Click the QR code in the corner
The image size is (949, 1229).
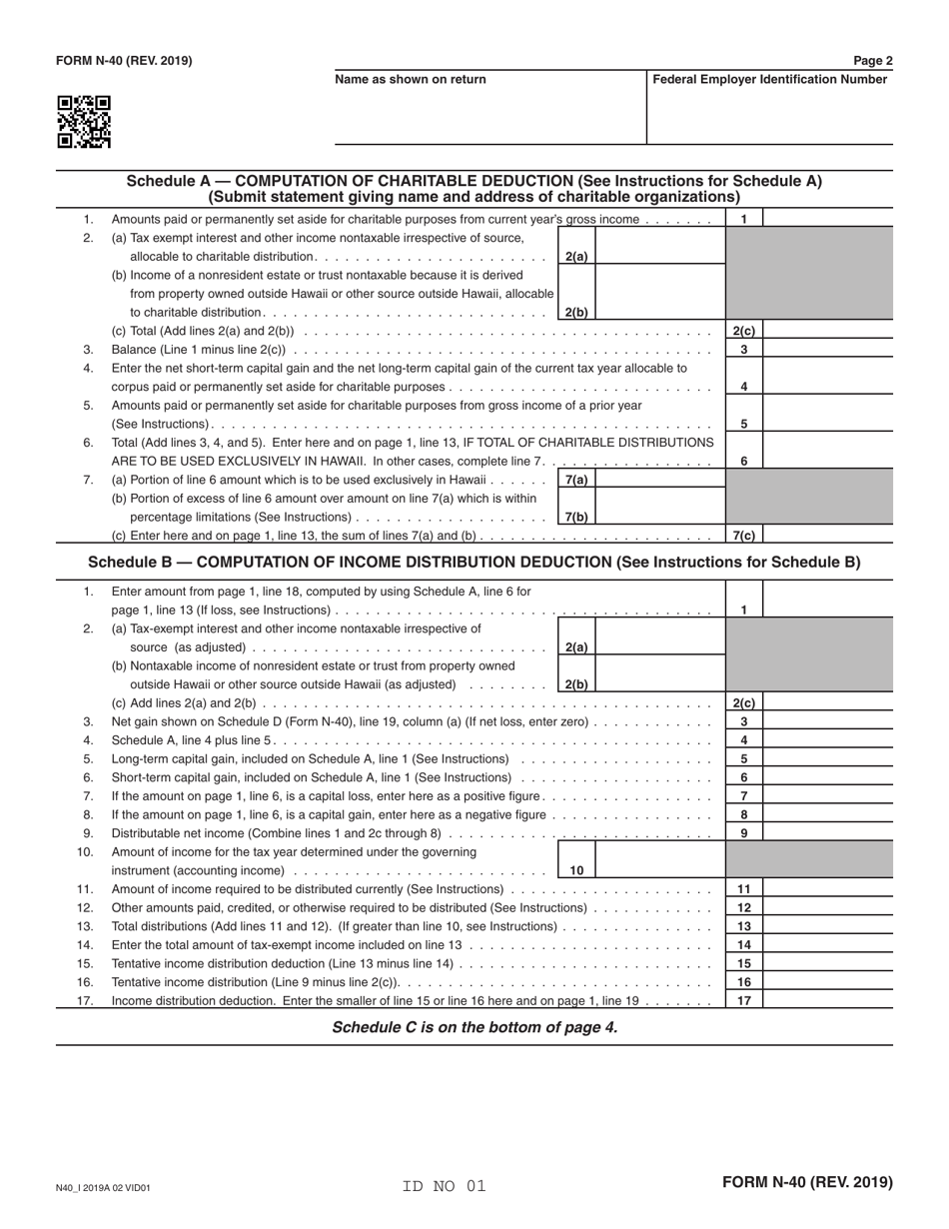coord(84,122)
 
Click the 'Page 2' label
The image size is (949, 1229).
coord(873,61)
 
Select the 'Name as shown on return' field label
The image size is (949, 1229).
coord(411,80)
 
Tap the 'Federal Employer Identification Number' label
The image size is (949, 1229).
coord(769,80)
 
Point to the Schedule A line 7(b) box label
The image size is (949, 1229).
coord(576,517)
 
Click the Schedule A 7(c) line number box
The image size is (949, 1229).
coord(743,536)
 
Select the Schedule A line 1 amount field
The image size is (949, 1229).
coord(827,219)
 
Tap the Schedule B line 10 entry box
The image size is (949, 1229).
coord(659,860)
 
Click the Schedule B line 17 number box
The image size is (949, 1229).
coord(743,1000)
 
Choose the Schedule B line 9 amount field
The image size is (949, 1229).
coord(827,832)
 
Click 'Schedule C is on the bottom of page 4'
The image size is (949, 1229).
coord(474,1027)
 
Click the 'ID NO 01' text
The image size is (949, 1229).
coord(444,1187)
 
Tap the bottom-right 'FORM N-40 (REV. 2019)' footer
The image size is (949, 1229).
coord(807,1182)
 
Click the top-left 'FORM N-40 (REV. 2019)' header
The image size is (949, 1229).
coord(124,61)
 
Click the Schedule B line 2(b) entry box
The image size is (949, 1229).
coord(659,674)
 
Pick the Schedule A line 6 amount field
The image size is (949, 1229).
coord(827,461)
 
